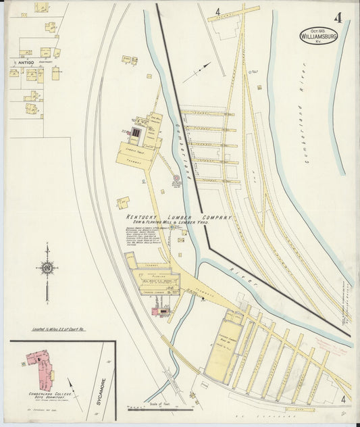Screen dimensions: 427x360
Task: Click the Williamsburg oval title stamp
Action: point(317,35)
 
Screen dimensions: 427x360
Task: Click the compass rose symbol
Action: point(47,268)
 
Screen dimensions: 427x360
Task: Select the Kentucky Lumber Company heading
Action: point(178,218)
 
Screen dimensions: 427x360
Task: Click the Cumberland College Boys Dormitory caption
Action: point(45,396)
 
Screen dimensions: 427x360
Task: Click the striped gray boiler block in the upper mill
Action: point(136,134)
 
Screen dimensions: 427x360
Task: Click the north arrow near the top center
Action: point(197,72)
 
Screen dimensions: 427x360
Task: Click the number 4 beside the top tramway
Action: point(218,11)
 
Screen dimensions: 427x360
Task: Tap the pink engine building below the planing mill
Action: point(159,311)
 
